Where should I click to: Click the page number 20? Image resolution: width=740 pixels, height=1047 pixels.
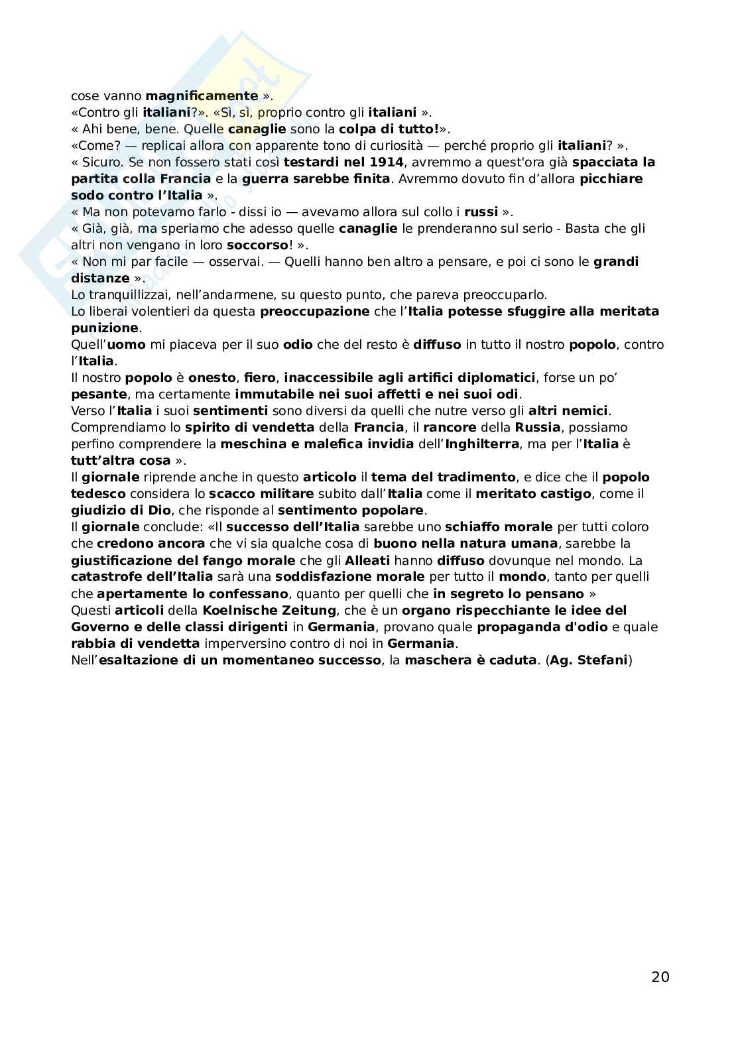pyautogui.click(x=660, y=977)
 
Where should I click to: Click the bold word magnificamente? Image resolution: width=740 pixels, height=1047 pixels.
pyautogui.click(x=202, y=95)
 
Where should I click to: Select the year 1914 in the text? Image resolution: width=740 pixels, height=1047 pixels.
pyautogui.click(x=385, y=162)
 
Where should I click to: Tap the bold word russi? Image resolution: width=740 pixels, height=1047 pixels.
pyautogui.click(x=481, y=212)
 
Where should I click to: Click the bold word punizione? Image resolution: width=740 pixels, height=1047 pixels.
pyautogui.click(x=105, y=328)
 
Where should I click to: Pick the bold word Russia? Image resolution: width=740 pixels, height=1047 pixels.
pyautogui.click(x=538, y=427)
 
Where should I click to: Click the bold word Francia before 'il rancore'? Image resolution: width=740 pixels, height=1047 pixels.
pyautogui.click(x=379, y=427)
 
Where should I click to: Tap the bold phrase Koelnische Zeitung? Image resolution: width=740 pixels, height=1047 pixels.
pyautogui.click(x=270, y=610)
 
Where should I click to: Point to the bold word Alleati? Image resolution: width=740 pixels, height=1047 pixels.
pyautogui.click(x=367, y=560)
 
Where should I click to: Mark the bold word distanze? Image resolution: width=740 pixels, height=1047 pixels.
pyautogui.click(x=100, y=278)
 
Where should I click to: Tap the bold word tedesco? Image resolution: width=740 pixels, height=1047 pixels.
pyautogui.click(x=99, y=494)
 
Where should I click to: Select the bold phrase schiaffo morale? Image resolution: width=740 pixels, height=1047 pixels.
pyautogui.click(x=499, y=527)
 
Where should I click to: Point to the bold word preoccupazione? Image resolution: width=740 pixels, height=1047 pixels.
pyautogui.click(x=315, y=311)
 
